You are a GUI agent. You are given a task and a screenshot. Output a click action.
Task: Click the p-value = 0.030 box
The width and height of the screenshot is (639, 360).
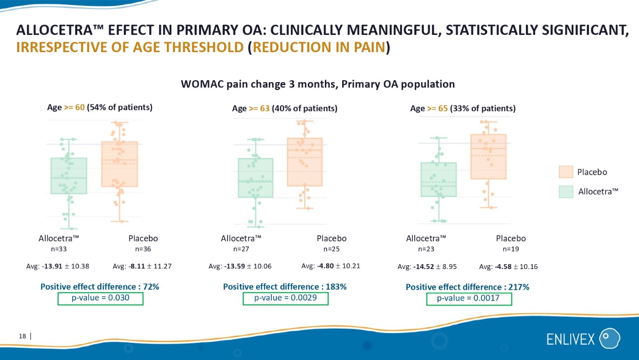100,299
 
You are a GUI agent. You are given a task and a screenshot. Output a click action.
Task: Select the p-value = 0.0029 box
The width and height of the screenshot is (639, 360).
286,299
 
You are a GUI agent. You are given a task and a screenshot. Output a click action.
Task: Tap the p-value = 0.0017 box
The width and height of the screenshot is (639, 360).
469,299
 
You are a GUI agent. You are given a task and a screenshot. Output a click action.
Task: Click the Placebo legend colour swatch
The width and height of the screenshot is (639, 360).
566,172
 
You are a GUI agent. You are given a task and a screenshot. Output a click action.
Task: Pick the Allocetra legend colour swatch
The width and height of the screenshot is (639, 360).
566,192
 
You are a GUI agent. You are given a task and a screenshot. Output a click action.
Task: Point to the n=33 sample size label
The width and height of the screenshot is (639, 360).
59,249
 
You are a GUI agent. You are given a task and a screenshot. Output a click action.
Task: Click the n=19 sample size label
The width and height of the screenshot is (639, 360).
511,249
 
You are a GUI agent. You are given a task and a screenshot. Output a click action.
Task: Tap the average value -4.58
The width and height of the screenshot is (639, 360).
503,267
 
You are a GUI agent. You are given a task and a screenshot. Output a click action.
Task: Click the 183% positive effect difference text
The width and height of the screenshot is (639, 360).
336,287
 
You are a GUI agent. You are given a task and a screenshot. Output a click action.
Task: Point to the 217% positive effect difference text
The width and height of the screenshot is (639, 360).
519,287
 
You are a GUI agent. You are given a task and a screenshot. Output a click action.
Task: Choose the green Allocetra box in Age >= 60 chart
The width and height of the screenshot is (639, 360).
69,176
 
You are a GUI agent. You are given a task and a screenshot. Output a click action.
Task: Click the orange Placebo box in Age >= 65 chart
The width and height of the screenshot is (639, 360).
489,157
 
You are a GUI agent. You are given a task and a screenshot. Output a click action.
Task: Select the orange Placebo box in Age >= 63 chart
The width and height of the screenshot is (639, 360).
305,162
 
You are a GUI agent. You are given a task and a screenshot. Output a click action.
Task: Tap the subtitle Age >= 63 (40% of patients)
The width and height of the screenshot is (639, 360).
285,109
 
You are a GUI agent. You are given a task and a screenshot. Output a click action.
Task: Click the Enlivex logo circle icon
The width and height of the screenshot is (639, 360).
610,338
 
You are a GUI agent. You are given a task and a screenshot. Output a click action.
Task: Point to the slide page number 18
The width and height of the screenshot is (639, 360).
22,336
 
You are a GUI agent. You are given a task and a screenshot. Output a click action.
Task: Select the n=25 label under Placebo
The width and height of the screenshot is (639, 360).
331,249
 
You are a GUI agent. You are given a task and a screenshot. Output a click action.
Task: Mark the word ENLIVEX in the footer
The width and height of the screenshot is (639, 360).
571,339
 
